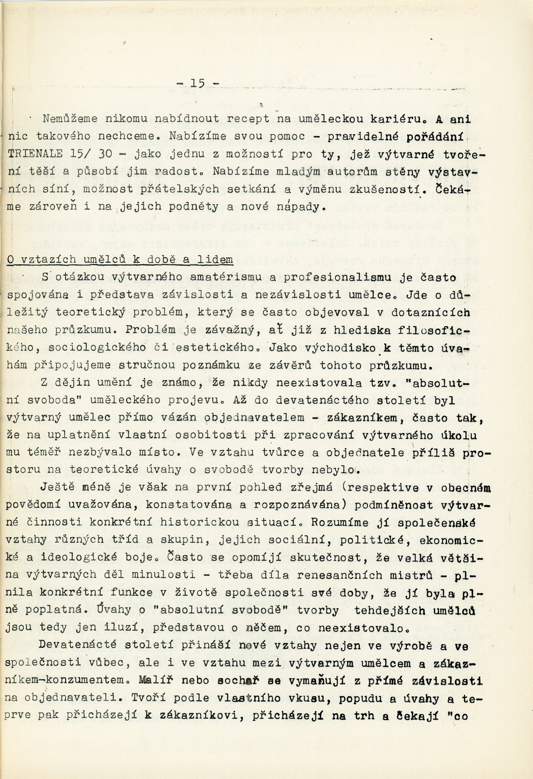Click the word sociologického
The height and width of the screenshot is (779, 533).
(97, 348)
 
